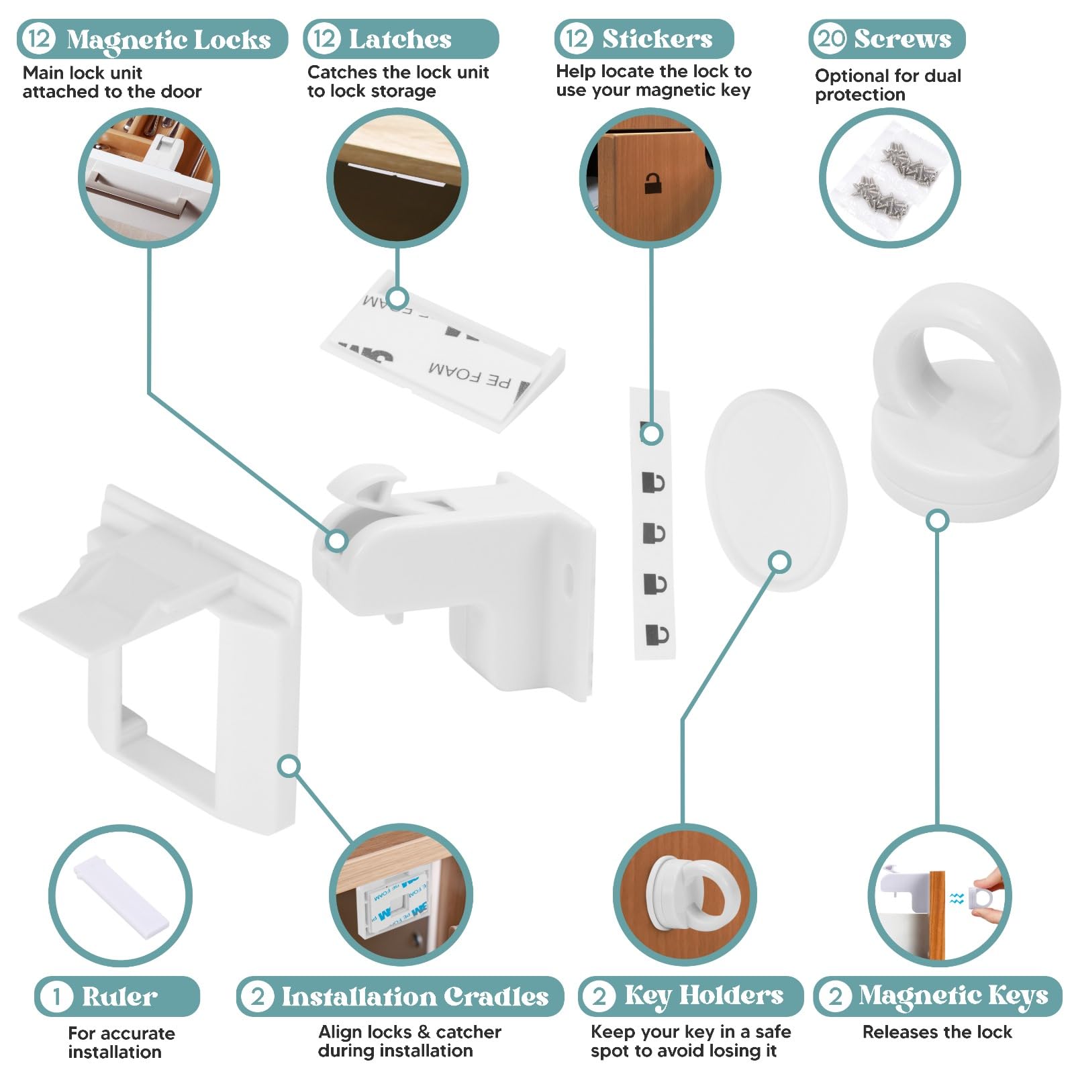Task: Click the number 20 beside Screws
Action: [831, 38]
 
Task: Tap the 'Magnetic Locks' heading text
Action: [168, 40]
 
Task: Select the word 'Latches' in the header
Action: [400, 40]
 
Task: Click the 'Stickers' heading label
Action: [656, 39]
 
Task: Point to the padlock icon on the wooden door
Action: [652, 183]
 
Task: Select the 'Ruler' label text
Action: [119, 996]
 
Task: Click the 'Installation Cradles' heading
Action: [414, 997]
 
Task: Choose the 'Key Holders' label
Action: [703, 995]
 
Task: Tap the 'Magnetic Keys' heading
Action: [953, 995]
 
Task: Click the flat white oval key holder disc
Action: [775, 490]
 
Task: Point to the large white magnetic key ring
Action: [967, 403]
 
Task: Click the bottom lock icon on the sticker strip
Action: [656, 634]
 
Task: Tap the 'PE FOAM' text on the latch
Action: [470, 376]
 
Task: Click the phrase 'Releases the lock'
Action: [936, 1032]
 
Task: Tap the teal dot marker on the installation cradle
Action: [289, 766]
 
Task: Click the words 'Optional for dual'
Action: [887, 76]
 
